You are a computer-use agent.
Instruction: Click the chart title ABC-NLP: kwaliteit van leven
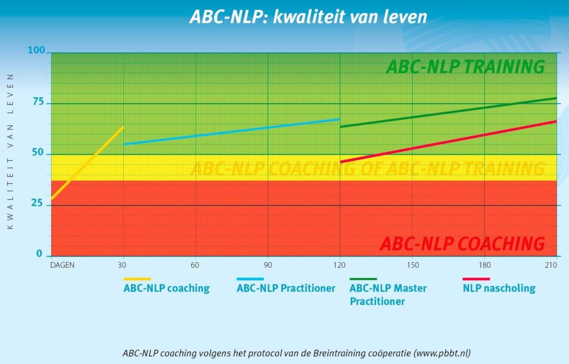[308, 16]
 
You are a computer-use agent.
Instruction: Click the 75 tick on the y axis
[37, 103]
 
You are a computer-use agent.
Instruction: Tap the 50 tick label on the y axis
[37, 154]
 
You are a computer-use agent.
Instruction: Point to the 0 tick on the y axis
[39, 254]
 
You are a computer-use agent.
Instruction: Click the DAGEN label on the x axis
[62, 265]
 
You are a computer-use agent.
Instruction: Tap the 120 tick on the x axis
[340, 265]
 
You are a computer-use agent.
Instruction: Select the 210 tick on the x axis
[551, 265]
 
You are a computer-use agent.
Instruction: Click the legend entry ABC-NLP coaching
[166, 288]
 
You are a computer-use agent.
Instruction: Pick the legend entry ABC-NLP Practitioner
[286, 288]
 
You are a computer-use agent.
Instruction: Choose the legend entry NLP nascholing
[498, 288]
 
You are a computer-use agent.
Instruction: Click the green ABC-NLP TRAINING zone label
[465, 67]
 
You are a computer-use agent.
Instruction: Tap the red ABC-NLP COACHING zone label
[462, 243]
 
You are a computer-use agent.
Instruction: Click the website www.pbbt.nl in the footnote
[442, 353]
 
